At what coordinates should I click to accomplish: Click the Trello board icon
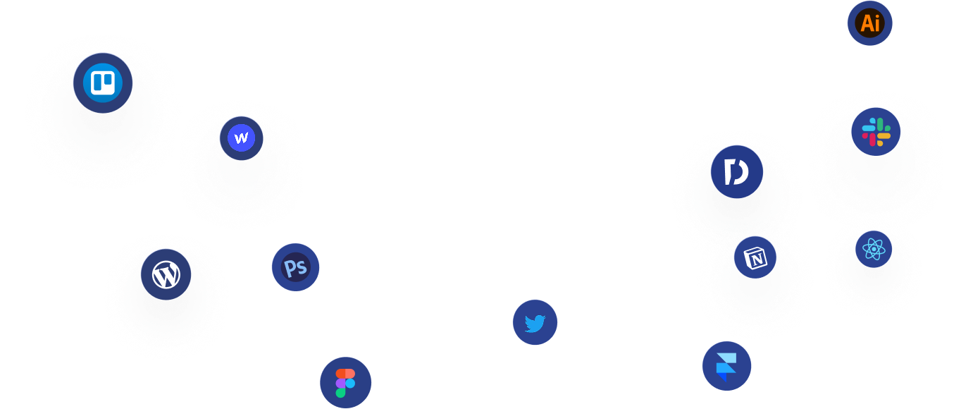point(103,83)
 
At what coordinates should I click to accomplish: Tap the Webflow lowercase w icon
point(242,138)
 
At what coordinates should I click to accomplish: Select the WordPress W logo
point(166,274)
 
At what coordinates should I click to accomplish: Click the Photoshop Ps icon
point(296,267)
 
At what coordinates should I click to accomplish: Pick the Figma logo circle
point(345,383)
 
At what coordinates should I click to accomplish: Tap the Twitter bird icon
point(535,323)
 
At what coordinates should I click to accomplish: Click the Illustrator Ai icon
point(870,23)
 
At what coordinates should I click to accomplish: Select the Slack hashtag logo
point(876,132)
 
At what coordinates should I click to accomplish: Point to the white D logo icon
point(737,172)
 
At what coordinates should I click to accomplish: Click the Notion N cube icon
point(755,258)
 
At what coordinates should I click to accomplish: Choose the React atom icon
point(874,249)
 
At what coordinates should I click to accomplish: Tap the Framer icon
point(726,366)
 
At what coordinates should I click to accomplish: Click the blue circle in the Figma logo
point(350,383)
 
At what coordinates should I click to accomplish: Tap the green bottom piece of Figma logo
point(341,392)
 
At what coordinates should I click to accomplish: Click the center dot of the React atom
point(874,249)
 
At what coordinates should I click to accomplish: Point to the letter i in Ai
point(877,23)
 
